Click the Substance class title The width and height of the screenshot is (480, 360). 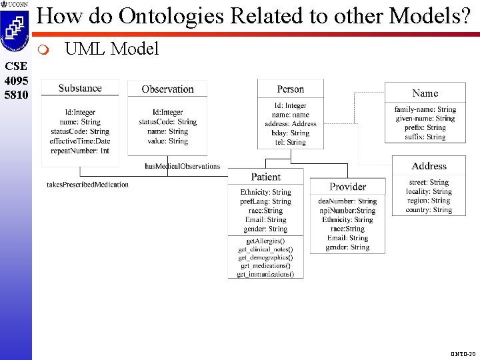[80, 88]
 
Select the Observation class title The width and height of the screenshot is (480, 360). [168, 89]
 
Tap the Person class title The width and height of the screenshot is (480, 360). [290, 89]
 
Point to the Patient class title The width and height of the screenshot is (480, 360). [266, 177]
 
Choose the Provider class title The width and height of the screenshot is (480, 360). [347, 187]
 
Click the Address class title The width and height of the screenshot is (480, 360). [429, 166]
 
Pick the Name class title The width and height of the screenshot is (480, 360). [425, 93]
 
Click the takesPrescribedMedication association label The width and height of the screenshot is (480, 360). [87, 185]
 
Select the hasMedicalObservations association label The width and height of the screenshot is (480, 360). [182, 166]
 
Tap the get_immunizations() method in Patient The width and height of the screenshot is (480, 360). [265, 274]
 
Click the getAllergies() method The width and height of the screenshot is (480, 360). [265, 240]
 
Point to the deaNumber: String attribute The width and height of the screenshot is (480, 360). [347, 201]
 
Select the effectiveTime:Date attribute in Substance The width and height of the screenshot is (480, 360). [80, 141]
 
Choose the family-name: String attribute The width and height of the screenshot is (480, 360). [425, 109]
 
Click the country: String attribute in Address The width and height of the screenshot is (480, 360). [429, 210]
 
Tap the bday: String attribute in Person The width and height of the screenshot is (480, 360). [290, 133]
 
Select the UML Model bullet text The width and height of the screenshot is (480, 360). [111, 49]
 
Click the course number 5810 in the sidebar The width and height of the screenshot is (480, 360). [15, 95]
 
